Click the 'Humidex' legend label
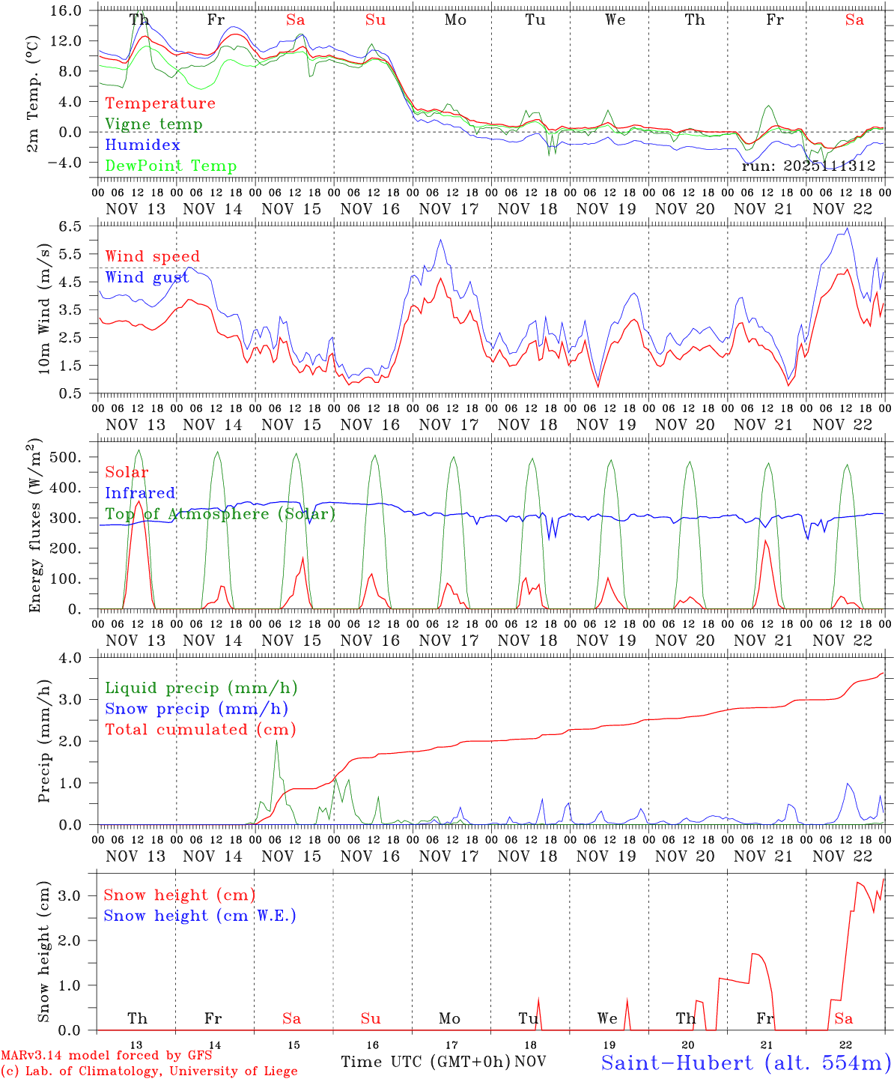click(x=142, y=145)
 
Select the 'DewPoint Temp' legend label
click(x=171, y=166)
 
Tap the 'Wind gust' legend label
click(x=147, y=277)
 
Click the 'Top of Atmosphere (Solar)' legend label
click(x=220, y=514)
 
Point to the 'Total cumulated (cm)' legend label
click(x=200, y=729)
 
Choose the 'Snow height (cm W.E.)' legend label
click(x=200, y=916)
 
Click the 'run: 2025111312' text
click(x=808, y=166)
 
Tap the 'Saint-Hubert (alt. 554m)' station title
click(x=746, y=1063)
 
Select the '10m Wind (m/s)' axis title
click(x=43, y=309)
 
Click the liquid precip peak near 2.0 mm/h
click(x=276, y=741)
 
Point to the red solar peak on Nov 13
click(x=138, y=502)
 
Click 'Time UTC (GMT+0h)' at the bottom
click(x=425, y=1062)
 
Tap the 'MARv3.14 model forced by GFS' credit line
click(x=106, y=1056)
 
